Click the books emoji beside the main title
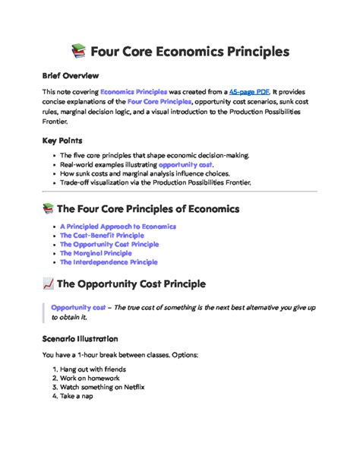tap(78, 52)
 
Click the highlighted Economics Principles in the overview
tap(133, 91)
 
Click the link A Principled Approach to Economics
tap(118, 227)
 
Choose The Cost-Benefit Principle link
tap(102, 236)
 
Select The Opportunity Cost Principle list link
tap(109, 245)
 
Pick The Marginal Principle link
tap(96, 253)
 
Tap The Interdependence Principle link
tap(109, 262)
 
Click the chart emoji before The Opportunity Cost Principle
tap(49, 285)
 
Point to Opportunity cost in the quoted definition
tap(78, 307)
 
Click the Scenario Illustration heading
tap(80, 338)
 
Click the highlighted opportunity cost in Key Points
tap(186, 164)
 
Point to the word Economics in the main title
tap(197, 52)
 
